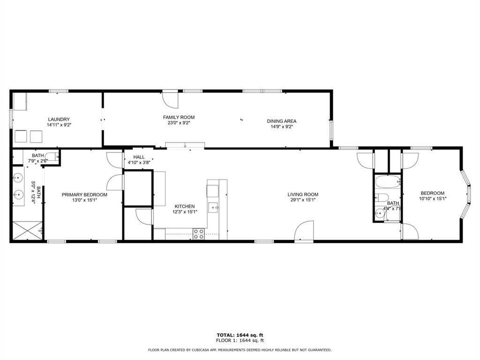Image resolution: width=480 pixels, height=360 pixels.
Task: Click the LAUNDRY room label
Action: click(59, 119)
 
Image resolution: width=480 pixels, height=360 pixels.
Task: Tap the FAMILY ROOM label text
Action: click(179, 117)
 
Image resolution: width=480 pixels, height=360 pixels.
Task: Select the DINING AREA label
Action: click(282, 121)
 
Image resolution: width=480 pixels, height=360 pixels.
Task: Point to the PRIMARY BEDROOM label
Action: click(84, 195)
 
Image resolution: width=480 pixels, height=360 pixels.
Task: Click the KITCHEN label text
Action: click(185, 206)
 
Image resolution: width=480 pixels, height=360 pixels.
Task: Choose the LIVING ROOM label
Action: click(303, 195)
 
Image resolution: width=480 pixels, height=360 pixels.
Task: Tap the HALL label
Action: click(139, 157)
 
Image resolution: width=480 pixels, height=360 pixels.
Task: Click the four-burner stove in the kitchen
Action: click(199, 233)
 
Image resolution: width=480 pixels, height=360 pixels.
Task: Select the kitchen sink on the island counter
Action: click(214, 206)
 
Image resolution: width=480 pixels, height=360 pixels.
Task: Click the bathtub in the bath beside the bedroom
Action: click(387, 181)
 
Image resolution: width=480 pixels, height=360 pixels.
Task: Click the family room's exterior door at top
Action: click(169, 98)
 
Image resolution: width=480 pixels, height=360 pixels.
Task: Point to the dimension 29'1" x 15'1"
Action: click(303, 200)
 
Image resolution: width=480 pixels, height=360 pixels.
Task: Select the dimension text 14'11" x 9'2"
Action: click(59, 125)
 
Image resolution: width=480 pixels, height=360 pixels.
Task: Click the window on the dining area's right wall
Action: click(331, 128)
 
